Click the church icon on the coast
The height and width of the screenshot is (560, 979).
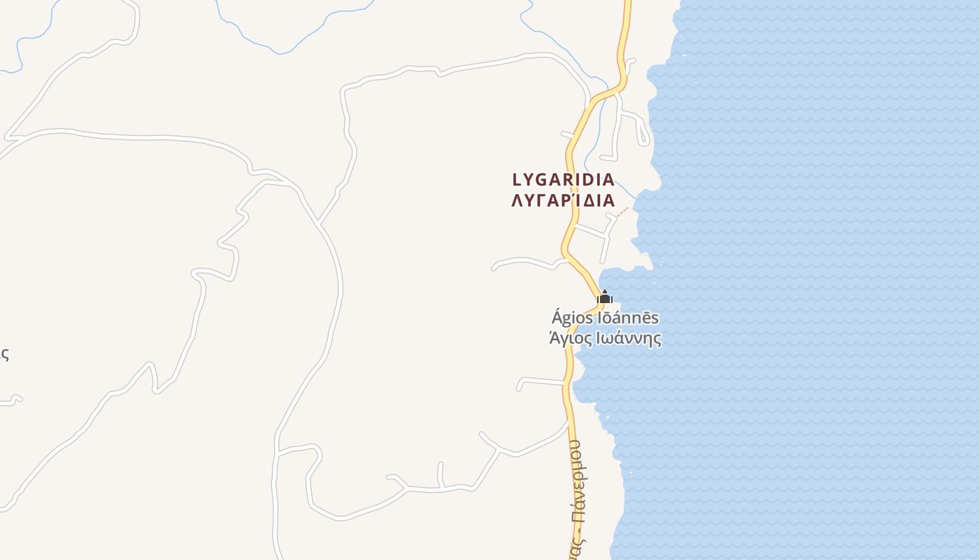[x=605, y=297]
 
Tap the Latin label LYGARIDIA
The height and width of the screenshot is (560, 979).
[x=563, y=180]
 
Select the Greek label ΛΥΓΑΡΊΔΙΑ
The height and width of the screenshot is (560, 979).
[x=563, y=201]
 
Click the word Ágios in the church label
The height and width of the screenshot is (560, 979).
[x=573, y=318]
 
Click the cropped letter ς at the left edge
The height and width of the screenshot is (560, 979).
[x=3, y=354]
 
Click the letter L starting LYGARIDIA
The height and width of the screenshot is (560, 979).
[x=517, y=180]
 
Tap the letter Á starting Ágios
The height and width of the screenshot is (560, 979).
[x=557, y=318]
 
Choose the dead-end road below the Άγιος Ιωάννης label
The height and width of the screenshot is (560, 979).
[x=538, y=381]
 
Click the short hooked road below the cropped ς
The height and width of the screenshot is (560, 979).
[x=13, y=400]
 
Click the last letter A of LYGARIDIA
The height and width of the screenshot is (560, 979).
[x=608, y=180]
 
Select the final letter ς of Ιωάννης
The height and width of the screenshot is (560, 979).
[x=657, y=340]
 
